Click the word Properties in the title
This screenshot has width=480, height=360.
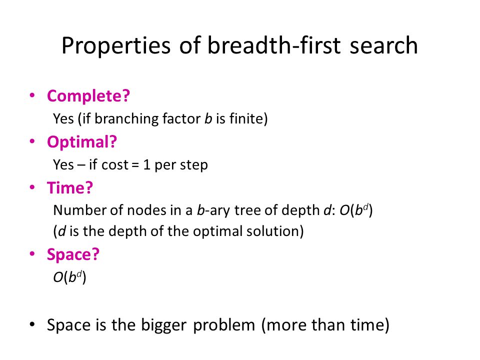tap(116, 46)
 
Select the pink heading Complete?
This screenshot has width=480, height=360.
tap(88, 96)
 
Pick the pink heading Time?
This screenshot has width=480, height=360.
tap(70, 187)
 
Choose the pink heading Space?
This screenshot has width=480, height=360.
tap(73, 254)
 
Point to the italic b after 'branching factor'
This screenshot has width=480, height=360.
tap(208, 118)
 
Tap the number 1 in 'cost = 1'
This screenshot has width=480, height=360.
tap(146, 164)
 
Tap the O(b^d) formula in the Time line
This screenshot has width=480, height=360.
tap(356, 210)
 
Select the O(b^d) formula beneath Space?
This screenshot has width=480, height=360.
tap(70, 277)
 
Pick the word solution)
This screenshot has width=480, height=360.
tap(275, 231)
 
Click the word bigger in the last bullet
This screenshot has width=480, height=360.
tap(163, 325)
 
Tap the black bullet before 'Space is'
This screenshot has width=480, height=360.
tap(32, 324)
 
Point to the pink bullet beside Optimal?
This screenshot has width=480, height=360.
tap(32, 141)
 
